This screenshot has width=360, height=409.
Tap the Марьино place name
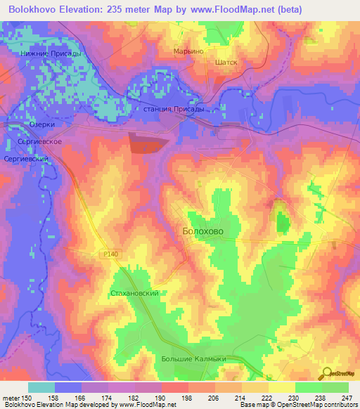tap(188, 51)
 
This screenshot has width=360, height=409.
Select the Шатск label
tap(226, 62)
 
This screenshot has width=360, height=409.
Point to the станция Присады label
tap(174, 109)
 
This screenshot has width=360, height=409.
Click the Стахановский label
tap(140, 293)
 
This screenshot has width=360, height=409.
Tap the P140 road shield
tap(105, 257)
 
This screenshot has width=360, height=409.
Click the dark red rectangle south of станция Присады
tap(148, 143)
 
